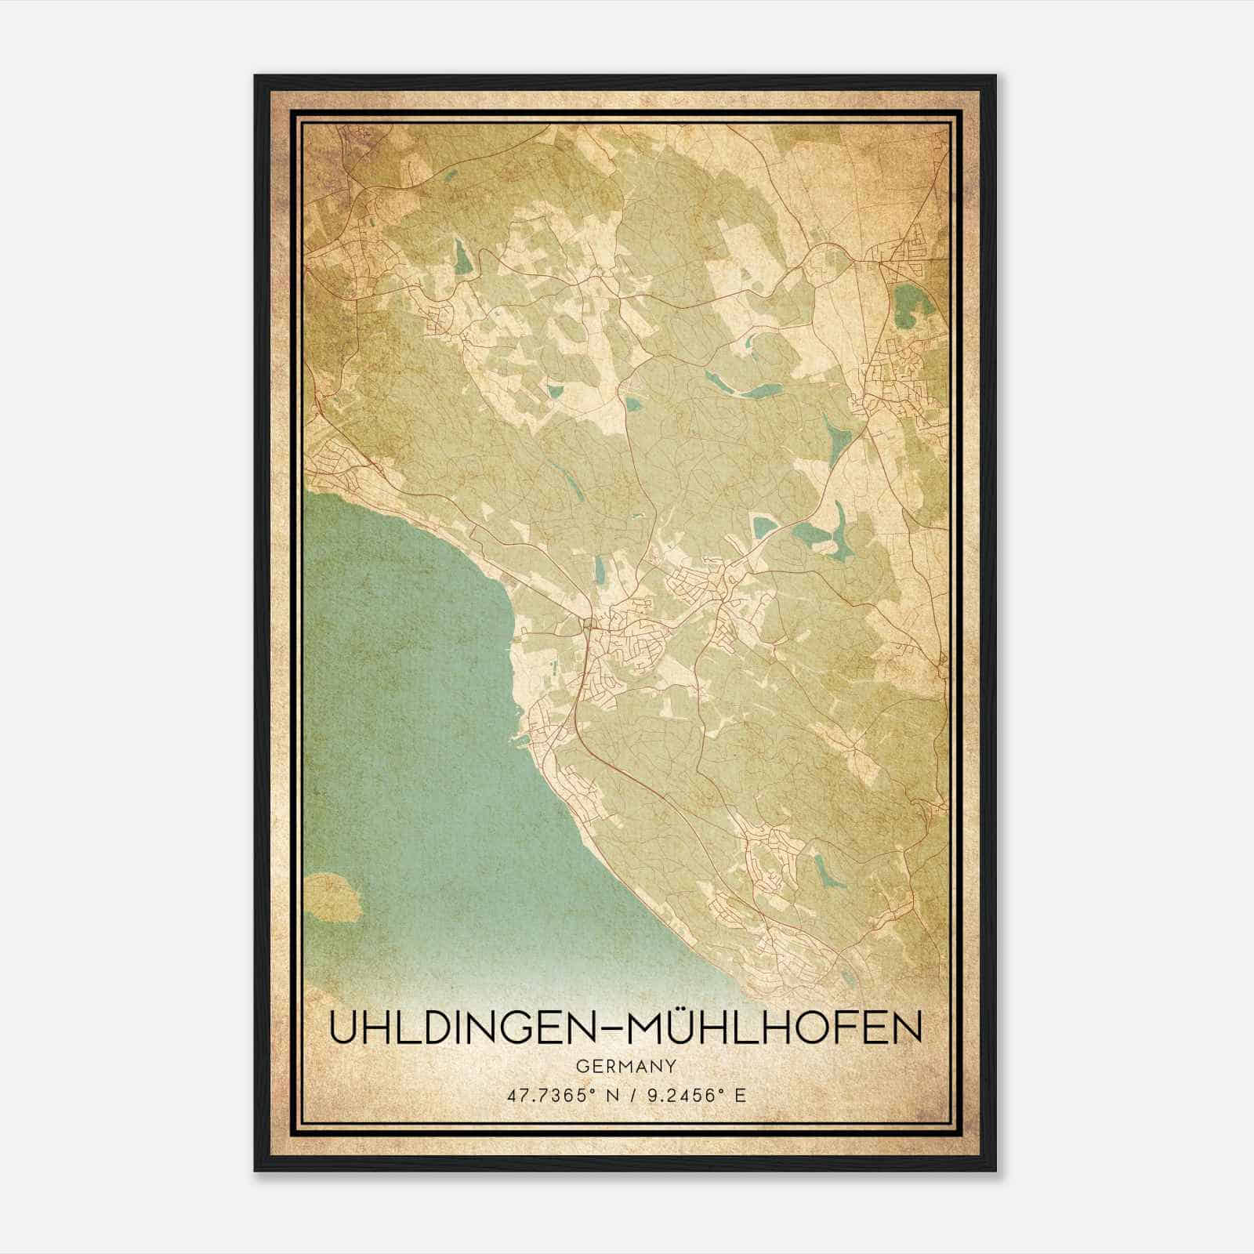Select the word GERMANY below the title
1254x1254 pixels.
[x=626, y=1066]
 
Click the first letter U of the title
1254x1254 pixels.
[x=342, y=1028]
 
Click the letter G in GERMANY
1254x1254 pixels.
[x=582, y=1066]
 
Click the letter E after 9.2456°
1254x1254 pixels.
[x=741, y=1096]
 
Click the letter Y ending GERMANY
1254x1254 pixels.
[x=672, y=1066]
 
